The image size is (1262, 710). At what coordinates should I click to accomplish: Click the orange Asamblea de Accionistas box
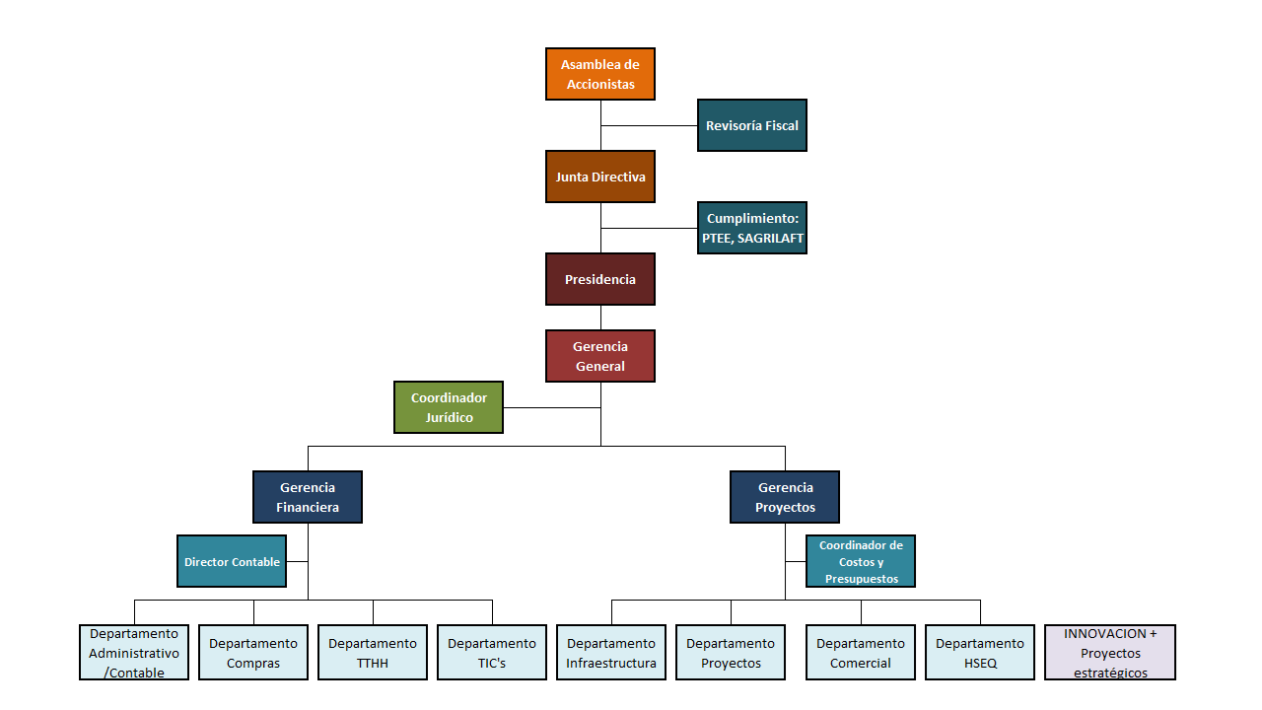[600, 74]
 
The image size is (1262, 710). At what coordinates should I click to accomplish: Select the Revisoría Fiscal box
[752, 125]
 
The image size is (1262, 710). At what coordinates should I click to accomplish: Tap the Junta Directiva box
[600, 177]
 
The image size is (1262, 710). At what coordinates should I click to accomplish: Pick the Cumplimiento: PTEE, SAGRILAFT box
[752, 228]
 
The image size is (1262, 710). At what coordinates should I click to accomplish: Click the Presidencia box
[600, 279]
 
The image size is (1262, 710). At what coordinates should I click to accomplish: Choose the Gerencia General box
[600, 356]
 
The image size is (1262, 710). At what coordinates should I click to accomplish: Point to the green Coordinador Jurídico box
[449, 407]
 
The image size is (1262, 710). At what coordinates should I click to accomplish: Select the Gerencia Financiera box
[308, 497]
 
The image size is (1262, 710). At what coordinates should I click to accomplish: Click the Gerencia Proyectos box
[785, 497]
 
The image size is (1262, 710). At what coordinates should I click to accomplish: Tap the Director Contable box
[232, 561]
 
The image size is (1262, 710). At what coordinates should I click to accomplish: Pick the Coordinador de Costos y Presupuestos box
[861, 561]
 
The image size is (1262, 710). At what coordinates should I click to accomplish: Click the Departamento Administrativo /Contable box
[134, 653]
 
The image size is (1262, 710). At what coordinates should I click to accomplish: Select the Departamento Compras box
[253, 653]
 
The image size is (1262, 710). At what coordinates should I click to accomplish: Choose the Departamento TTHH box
[373, 653]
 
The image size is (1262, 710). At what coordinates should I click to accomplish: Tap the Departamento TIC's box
[492, 653]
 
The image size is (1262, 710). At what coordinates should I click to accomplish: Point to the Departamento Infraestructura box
[611, 653]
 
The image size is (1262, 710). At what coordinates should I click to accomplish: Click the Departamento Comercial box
[861, 653]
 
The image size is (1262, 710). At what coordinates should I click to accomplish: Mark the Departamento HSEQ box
[980, 653]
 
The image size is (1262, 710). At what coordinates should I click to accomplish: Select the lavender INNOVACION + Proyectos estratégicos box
[1110, 653]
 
